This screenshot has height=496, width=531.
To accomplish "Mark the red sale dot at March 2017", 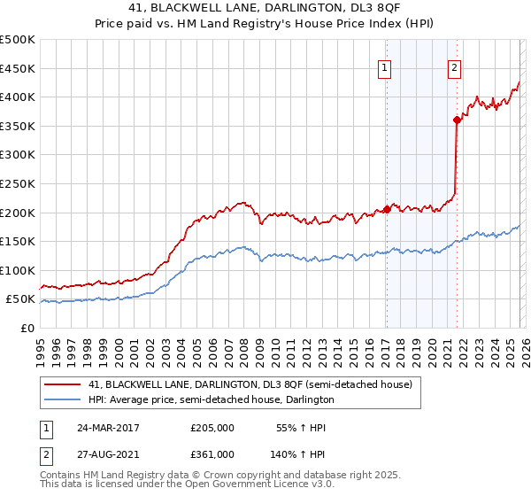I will point(387,210).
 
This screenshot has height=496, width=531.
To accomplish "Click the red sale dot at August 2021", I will point(457,120).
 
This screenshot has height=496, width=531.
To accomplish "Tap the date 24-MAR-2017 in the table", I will point(108,428).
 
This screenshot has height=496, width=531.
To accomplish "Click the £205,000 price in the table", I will point(212,428).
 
